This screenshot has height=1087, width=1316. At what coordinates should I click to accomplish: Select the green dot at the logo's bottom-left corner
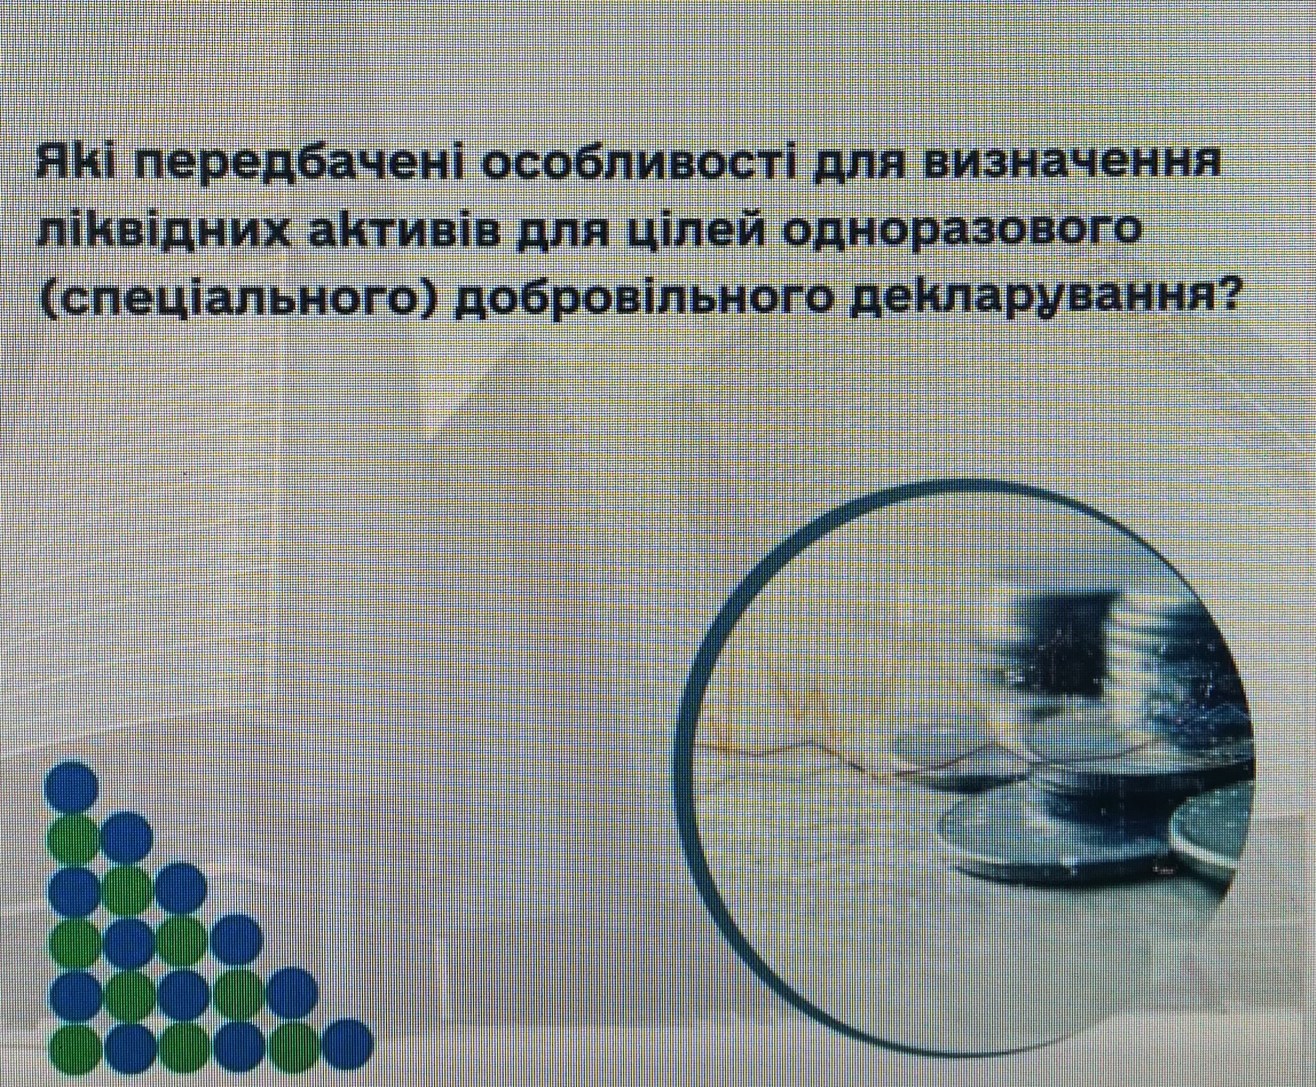(x=73, y=1047)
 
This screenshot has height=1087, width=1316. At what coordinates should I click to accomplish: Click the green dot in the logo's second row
(x=73, y=838)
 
